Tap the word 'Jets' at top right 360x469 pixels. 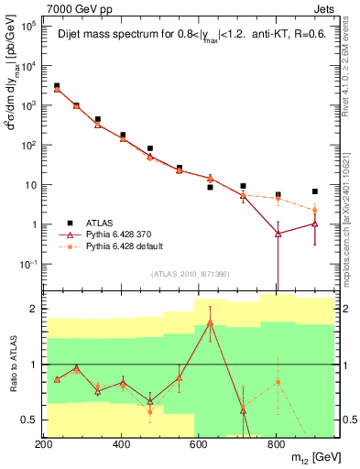[x=326, y=8]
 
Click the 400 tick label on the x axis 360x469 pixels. [x=122, y=444]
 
